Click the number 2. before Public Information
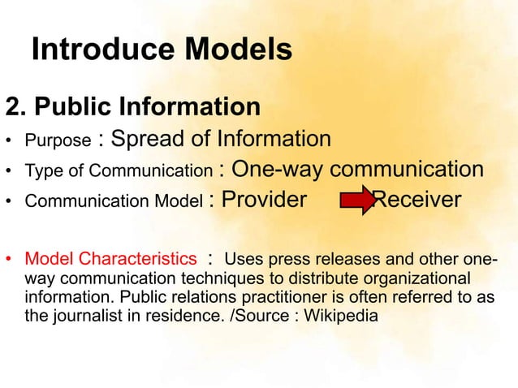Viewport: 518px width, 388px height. (17, 107)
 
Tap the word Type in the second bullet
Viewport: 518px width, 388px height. (42, 171)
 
